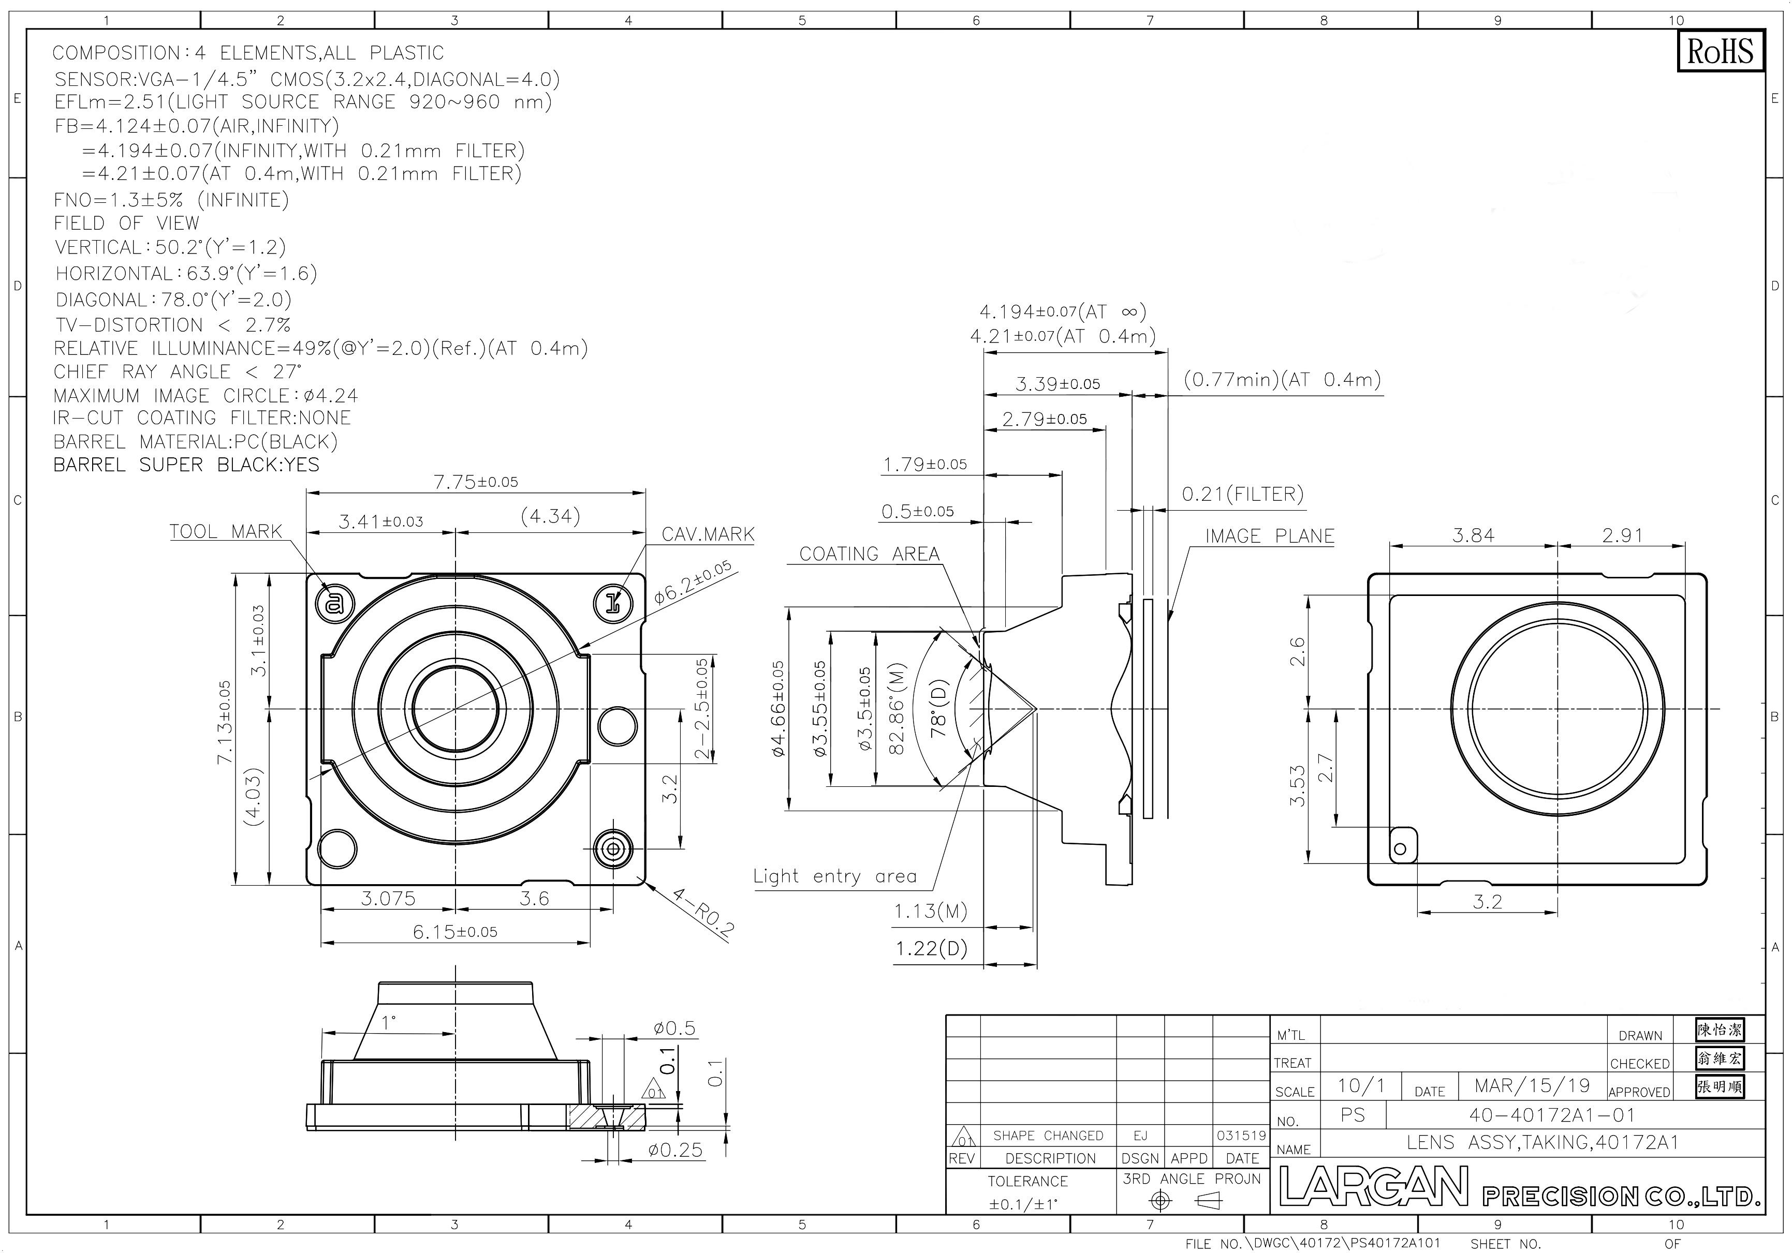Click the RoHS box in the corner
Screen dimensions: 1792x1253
coord(1720,52)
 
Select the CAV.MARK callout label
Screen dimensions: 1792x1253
coord(708,534)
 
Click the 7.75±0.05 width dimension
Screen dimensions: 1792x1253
coord(476,481)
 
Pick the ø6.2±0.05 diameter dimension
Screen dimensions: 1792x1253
coord(693,582)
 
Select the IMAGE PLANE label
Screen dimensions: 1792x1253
coord(1270,536)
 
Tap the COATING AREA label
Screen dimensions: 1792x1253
coord(870,554)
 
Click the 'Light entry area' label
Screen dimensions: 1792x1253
coord(835,876)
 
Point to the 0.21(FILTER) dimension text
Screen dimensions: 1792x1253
coord(1242,494)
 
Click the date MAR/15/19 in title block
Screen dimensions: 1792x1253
coord(1532,1085)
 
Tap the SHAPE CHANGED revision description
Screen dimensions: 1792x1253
coord(1048,1136)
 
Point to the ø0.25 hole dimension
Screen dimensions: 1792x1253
coord(676,1150)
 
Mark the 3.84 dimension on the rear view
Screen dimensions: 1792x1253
coord(1474,535)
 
